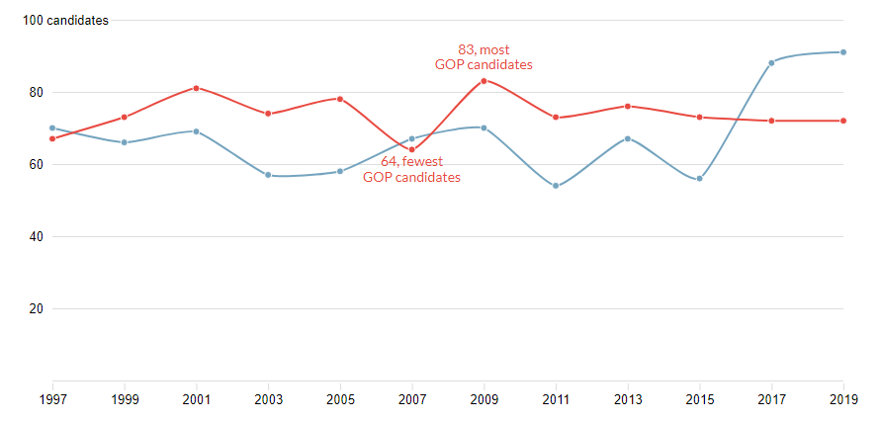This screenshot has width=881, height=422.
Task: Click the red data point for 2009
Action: (484, 81)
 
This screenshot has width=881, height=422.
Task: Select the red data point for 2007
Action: (411, 150)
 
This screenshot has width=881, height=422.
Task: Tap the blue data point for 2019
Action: (843, 52)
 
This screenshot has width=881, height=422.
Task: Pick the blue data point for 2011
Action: (556, 186)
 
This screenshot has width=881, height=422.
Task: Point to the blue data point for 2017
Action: (771, 62)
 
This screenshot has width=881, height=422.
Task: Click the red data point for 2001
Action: (196, 88)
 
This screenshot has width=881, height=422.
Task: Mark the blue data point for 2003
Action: (268, 175)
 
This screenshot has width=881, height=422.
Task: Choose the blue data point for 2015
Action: (699, 179)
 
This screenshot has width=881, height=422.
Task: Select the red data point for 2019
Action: (843, 121)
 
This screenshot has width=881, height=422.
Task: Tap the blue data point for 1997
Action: (51, 128)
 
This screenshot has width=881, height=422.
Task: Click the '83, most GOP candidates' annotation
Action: (484, 56)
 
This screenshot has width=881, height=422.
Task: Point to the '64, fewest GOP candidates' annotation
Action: (411, 169)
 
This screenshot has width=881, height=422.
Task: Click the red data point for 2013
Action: (628, 106)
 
